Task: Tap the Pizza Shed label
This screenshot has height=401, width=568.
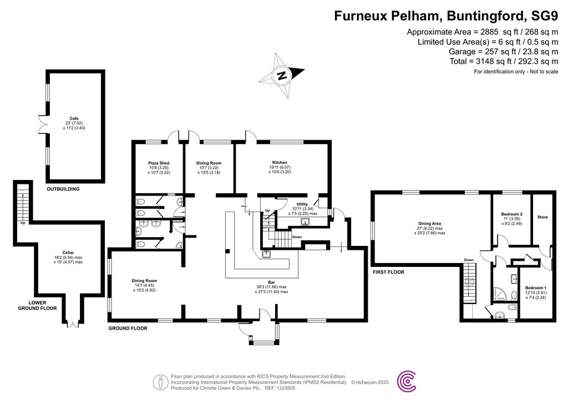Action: (x=158, y=163)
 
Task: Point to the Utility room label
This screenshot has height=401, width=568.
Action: (x=302, y=204)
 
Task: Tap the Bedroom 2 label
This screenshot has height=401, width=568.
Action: (x=512, y=214)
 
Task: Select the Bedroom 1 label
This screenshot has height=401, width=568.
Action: (x=536, y=288)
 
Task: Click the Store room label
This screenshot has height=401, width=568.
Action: (x=542, y=218)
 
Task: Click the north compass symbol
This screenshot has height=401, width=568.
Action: (x=282, y=76)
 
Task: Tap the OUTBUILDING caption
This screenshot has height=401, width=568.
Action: (x=63, y=189)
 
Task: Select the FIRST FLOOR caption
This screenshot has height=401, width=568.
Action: (x=389, y=272)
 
